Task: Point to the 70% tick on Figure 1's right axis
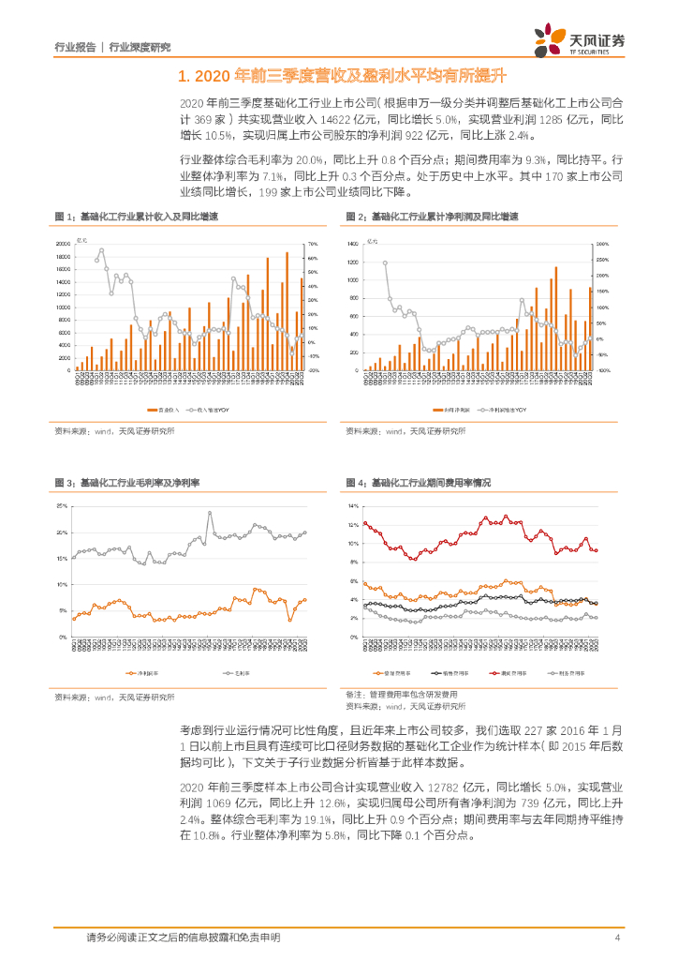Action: pos(314,244)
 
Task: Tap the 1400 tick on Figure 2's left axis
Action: pos(354,244)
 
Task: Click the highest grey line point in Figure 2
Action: pos(385,262)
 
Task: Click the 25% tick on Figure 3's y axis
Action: pos(63,506)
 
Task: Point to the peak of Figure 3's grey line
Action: pos(210,513)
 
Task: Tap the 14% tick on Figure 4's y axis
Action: pos(354,506)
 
